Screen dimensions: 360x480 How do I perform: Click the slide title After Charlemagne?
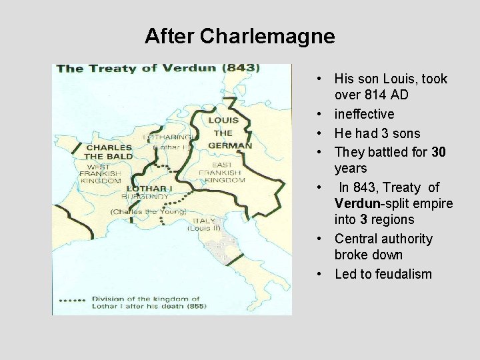point(239,35)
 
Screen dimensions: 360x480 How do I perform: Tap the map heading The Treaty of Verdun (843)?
point(158,68)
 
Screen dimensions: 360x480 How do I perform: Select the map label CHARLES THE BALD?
point(108,152)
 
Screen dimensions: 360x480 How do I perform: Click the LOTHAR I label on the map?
point(149,189)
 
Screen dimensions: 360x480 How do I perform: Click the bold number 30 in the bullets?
point(439,152)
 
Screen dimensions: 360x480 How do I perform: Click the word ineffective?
point(364,114)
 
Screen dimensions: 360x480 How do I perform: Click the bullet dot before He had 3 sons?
point(321,133)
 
